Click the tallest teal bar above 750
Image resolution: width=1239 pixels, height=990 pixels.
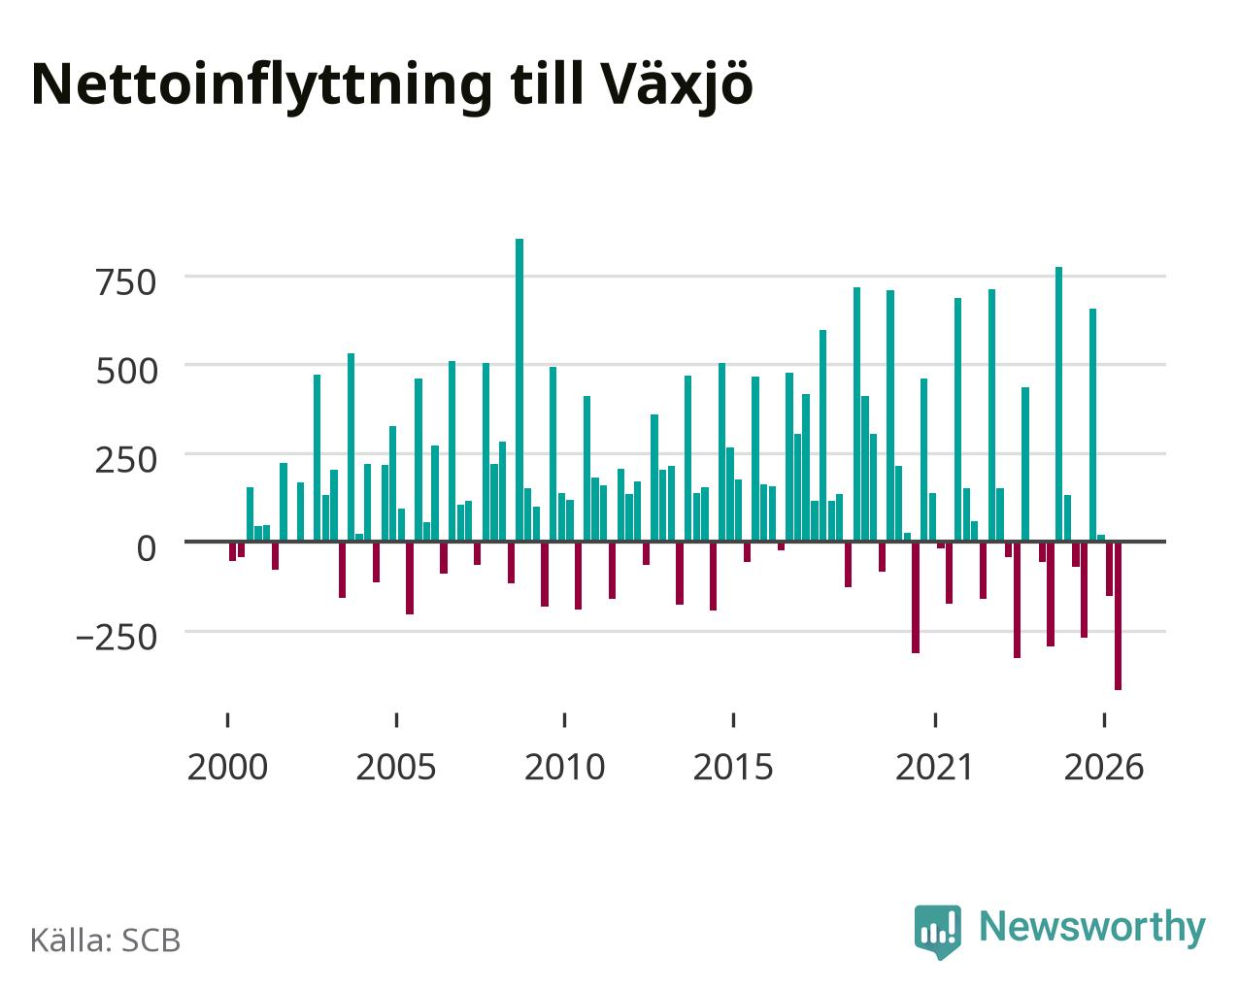(x=519, y=389)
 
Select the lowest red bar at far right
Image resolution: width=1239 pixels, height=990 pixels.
(x=1118, y=616)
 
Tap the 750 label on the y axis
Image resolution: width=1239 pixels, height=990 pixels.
(x=126, y=283)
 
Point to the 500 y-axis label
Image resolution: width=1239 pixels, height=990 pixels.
(x=126, y=372)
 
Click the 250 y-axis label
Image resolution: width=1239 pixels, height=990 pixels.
(x=126, y=460)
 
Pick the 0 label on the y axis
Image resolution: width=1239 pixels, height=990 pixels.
(x=147, y=548)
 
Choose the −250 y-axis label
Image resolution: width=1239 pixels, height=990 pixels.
(x=117, y=638)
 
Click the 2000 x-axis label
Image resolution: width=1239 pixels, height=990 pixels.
(x=227, y=768)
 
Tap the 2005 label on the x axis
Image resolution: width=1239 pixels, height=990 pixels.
(x=396, y=768)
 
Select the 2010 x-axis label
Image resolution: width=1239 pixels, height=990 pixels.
(x=564, y=768)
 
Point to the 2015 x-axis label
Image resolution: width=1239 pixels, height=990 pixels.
(x=733, y=768)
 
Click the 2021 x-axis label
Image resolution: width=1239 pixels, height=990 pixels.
(x=934, y=768)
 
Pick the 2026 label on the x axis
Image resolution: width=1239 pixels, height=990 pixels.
(x=1104, y=768)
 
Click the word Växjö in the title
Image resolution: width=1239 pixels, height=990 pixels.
(x=678, y=86)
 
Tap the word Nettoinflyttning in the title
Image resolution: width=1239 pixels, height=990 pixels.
(x=261, y=86)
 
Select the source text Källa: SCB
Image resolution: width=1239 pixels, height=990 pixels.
(x=106, y=940)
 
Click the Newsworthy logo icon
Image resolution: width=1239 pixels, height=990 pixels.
(x=937, y=932)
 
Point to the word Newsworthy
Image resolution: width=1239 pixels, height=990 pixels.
(x=1092, y=927)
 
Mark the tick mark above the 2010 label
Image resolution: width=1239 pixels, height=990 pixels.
(x=564, y=720)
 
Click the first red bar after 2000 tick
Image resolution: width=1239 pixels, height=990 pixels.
(x=232, y=551)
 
